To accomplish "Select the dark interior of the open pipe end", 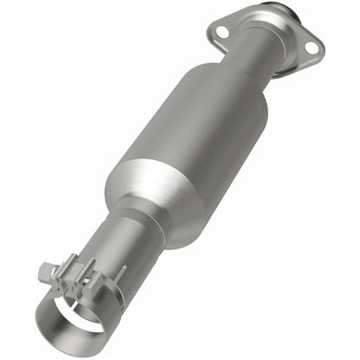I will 74,312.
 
